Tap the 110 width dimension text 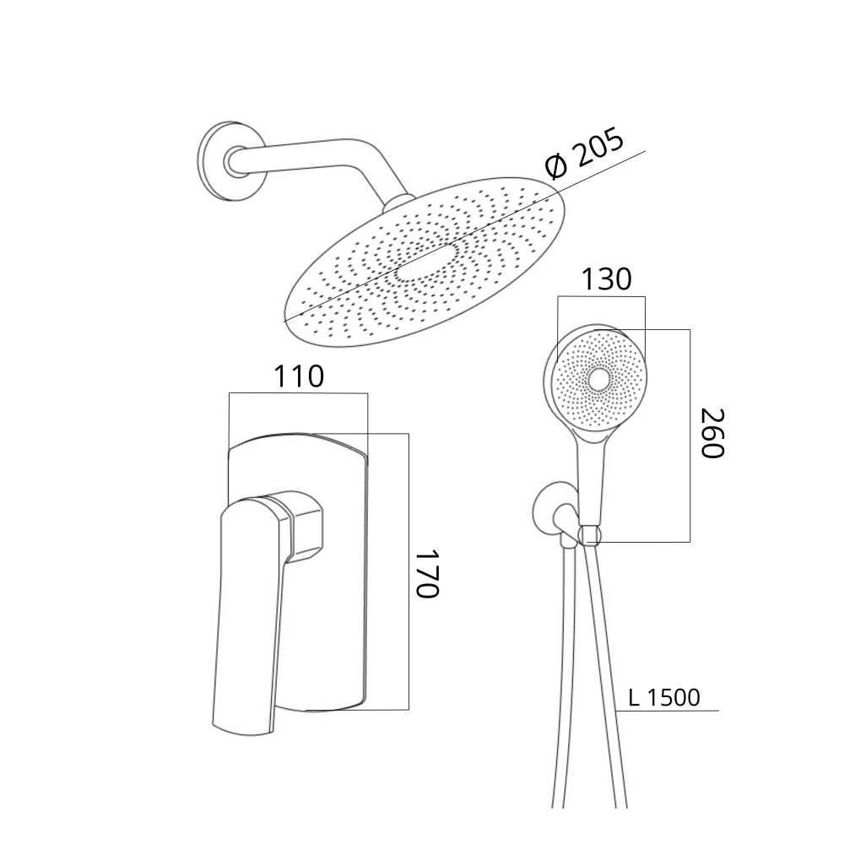pyautogui.click(x=300, y=376)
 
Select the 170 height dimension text pyautogui.click(x=429, y=573)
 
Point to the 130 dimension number pyautogui.click(x=606, y=279)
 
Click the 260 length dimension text pyautogui.click(x=712, y=433)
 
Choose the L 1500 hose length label pyautogui.click(x=664, y=698)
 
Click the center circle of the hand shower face pyautogui.click(x=598, y=380)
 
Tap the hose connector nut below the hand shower pyautogui.click(x=590, y=535)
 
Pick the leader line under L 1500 pyautogui.click(x=668, y=711)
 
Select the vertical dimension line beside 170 pyautogui.click(x=408, y=571)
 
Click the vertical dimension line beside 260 pyautogui.click(x=690, y=436)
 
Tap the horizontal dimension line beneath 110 pyautogui.click(x=298, y=393)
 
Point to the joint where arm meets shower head pyautogui.click(x=398, y=204)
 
